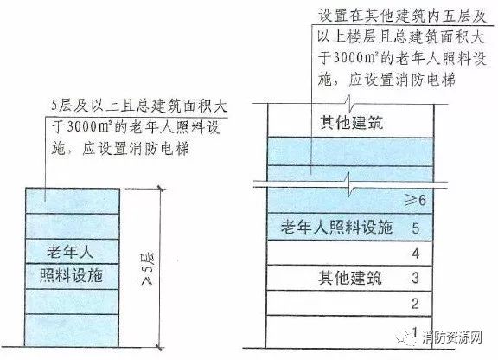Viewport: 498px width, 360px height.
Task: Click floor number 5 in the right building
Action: pos(416,228)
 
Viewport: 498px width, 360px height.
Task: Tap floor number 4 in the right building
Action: pos(416,254)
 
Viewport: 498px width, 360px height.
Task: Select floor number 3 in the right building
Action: pos(415,278)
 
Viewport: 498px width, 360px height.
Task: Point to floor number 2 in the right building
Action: pos(415,304)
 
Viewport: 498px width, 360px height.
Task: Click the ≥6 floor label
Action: pos(414,200)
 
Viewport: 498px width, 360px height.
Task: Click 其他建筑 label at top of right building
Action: pos(351,122)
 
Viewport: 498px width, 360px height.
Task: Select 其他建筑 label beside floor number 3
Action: pos(350,278)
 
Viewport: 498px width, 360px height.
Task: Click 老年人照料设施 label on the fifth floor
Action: pos(336,227)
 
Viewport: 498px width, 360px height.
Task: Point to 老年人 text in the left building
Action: pos(70,251)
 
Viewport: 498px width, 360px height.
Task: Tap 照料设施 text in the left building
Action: pos(71,275)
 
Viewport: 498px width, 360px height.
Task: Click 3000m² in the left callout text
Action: pos(88,127)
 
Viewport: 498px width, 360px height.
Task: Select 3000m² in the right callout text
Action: pos(354,58)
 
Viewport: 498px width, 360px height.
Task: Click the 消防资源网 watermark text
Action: pos(452,337)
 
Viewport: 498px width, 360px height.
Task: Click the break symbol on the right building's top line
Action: pos(349,102)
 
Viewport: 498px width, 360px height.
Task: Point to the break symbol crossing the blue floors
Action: pos(349,184)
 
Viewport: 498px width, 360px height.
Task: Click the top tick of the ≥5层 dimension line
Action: pos(161,190)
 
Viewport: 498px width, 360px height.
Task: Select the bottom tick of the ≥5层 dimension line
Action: pos(161,347)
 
